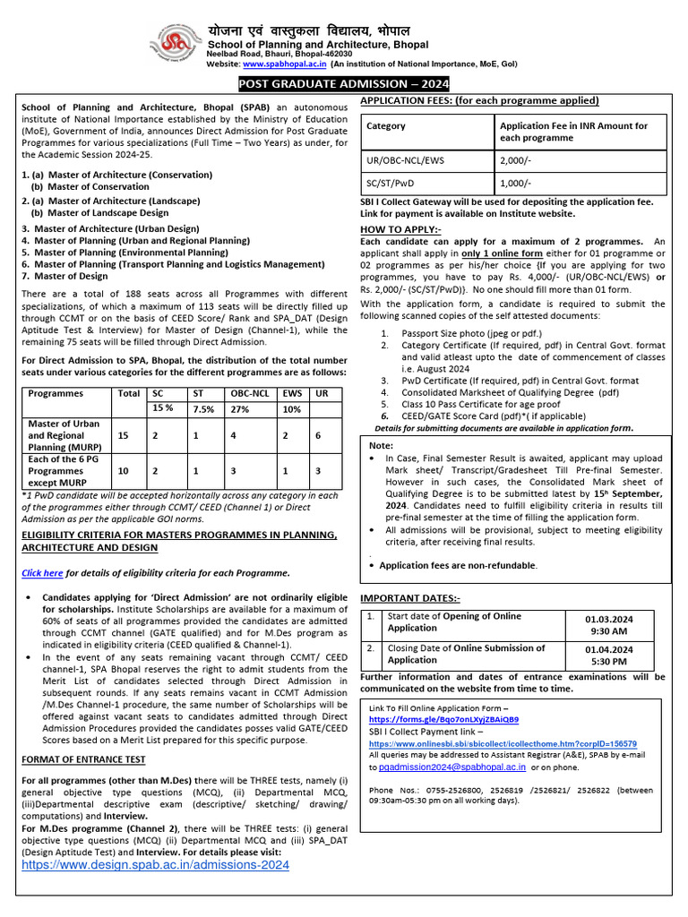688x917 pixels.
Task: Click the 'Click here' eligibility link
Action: (42, 573)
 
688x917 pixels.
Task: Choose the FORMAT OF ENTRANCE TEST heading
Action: (83, 759)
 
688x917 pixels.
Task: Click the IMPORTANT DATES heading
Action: (410, 597)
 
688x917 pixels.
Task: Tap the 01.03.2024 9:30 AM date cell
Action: (608, 623)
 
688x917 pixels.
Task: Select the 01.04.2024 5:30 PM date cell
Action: (608, 655)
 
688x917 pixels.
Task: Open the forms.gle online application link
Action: (443, 719)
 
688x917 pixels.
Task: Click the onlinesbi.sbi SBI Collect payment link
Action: (503, 743)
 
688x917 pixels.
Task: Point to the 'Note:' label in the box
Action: (381, 445)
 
